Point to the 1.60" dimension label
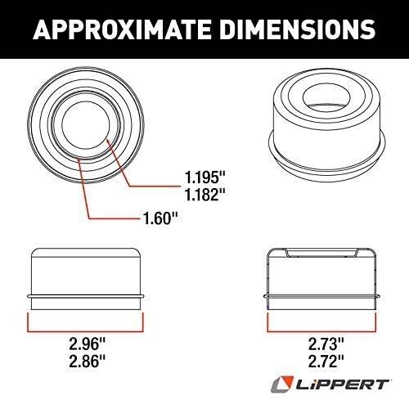click(x=158, y=218)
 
